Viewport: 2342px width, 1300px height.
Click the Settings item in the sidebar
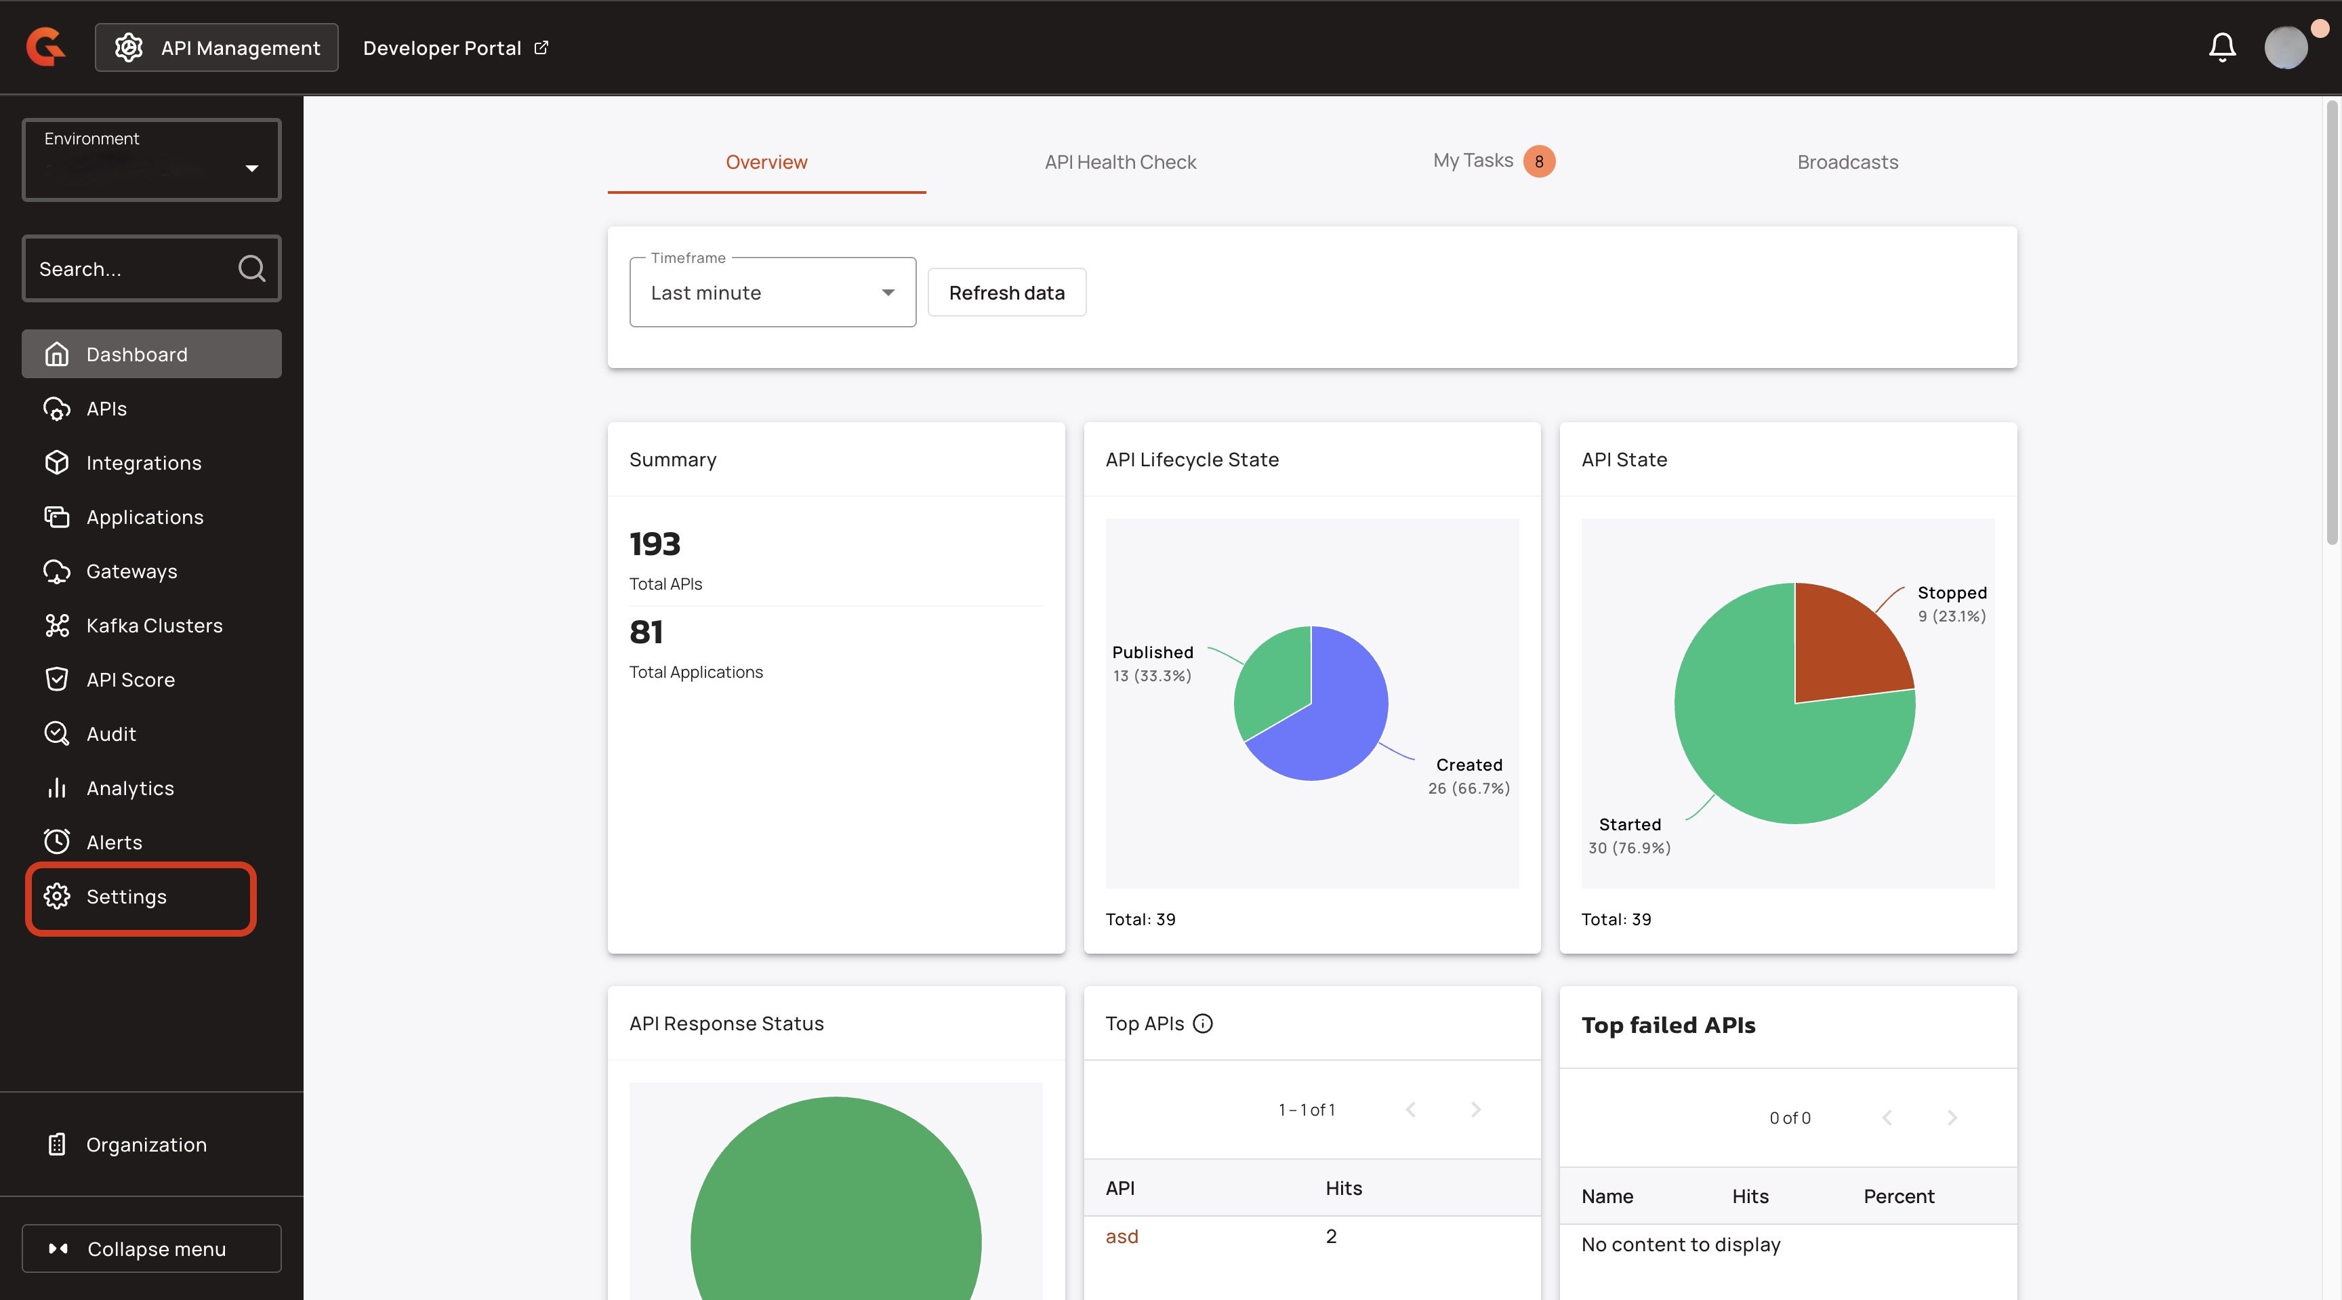(x=126, y=896)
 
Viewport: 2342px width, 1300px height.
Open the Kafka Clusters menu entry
(x=154, y=626)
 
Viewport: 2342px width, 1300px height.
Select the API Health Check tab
(x=1120, y=162)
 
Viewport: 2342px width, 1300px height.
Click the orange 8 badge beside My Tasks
(x=1538, y=162)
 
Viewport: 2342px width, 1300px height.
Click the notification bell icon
(x=2222, y=47)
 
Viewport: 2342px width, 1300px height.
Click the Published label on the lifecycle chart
(x=1152, y=653)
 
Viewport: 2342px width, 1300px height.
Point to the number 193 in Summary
(x=655, y=544)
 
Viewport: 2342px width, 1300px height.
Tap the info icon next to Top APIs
(x=1203, y=1023)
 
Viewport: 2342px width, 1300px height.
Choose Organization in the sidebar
(x=146, y=1145)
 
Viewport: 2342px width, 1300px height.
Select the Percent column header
(x=1898, y=1196)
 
